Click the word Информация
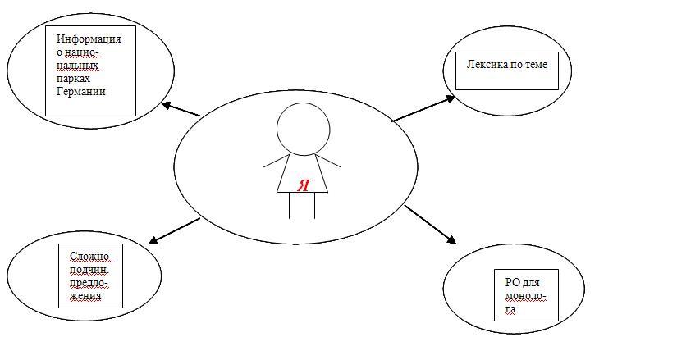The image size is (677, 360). pos(89,39)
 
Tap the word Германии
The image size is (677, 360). pos(81,92)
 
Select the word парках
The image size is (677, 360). pos(73,80)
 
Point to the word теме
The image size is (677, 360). pos(535,65)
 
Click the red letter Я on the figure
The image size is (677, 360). pos(304,185)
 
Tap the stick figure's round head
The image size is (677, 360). pos(303,129)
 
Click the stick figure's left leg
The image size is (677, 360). pos(290,206)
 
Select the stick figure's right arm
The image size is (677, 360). pos(328,160)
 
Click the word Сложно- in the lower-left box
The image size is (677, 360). pos(91,257)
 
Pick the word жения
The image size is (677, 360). pos(85,297)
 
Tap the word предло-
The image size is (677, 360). pos(89,284)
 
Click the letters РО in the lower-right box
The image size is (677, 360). pos(512,283)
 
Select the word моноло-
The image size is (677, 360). pos(526,297)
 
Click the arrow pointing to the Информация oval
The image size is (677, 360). pos(181,109)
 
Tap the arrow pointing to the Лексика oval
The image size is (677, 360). pos(423,108)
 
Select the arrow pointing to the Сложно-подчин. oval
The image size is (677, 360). pos(174,231)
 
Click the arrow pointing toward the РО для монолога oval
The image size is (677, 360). pos(430,225)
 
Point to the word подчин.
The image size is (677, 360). pos(89,271)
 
